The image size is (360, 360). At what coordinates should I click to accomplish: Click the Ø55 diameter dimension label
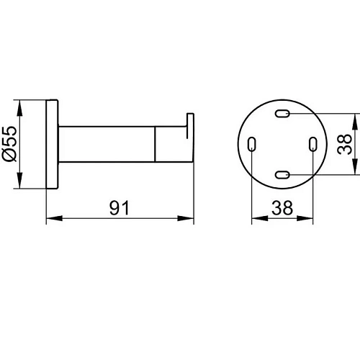[x=9, y=144]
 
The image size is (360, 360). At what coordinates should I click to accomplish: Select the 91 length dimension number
[x=120, y=207]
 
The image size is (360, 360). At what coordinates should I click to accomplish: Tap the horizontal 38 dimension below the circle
[x=282, y=207]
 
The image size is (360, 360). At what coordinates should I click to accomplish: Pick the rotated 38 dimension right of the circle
[x=344, y=144]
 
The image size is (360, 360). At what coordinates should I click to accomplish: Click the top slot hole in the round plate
[x=282, y=113]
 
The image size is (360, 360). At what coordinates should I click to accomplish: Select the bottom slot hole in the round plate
[x=282, y=175]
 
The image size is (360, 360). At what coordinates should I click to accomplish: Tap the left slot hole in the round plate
[x=251, y=144]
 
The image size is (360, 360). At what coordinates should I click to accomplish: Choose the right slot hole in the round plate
[x=313, y=144]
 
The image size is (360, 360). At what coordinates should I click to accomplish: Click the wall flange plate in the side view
[x=52, y=144]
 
